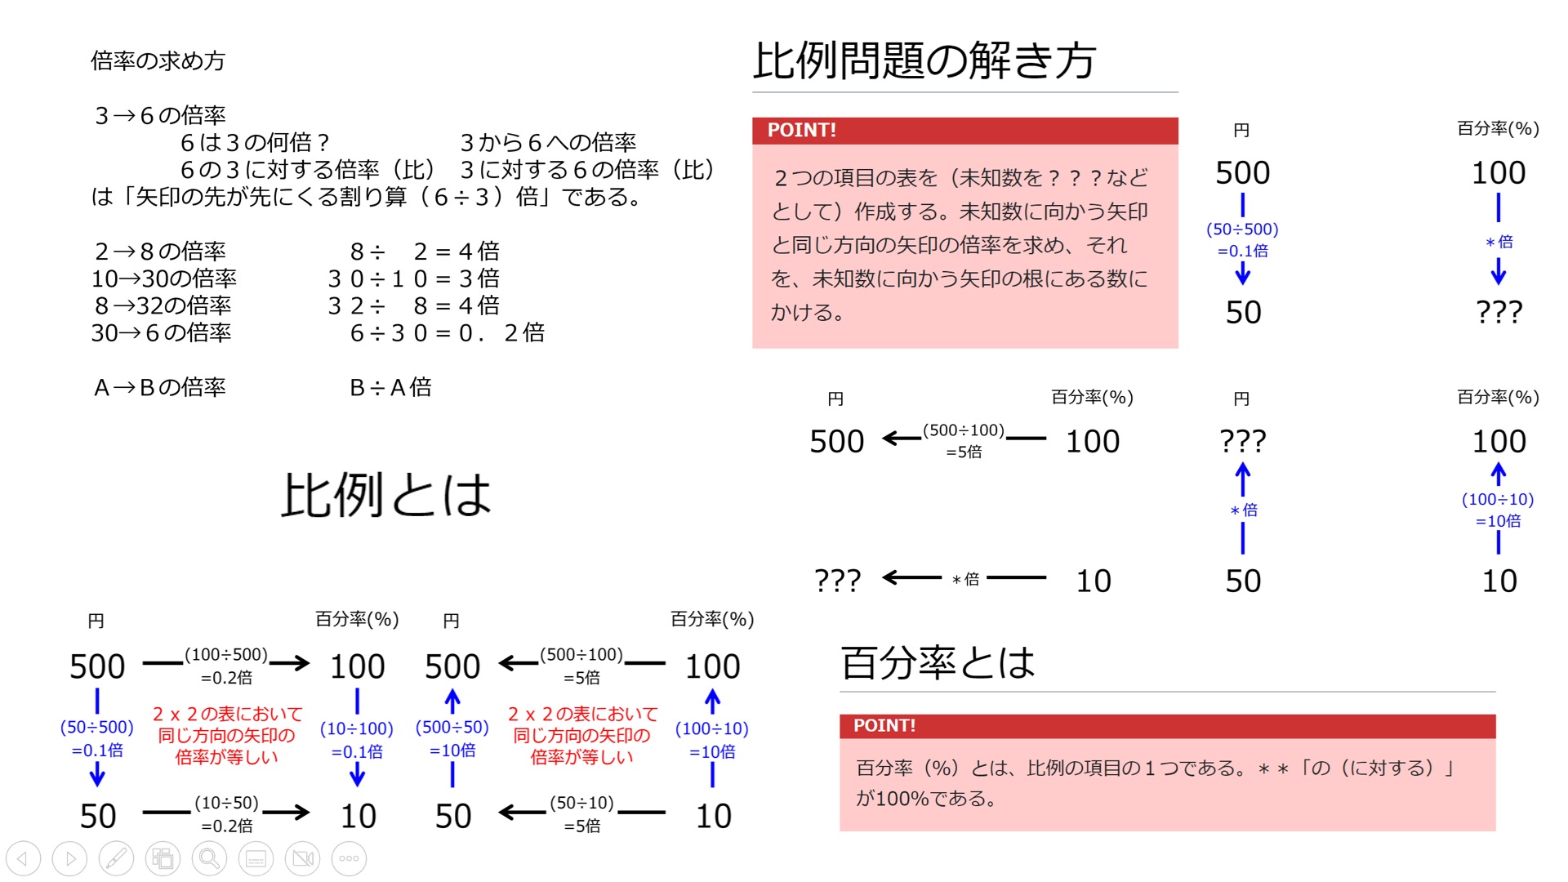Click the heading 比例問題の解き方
[924, 60]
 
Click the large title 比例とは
[386, 495]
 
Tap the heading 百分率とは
[938, 662]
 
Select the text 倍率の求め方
[158, 60]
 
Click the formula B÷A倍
[390, 387]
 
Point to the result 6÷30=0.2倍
[447, 332]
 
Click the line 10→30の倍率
[163, 278]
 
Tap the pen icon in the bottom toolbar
[116, 858]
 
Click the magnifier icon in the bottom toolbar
[209, 858]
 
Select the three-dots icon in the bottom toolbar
[349, 858]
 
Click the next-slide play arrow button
[69, 858]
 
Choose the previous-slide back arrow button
[23, 858]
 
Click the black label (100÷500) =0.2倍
[226, 666]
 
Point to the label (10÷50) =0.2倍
[226, 814]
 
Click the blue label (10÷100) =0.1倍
[357, 739]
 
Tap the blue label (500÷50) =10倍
[452, 738]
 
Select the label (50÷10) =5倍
[581, 814]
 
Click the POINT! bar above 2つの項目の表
[965, 131]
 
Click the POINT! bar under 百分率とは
[1168, 726]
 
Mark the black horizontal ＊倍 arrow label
[965, 579]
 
